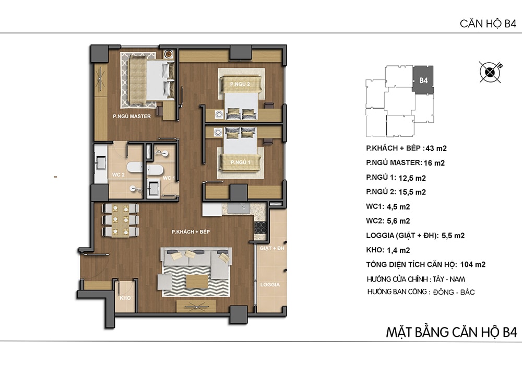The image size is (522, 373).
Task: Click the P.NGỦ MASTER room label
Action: tap(132, 116)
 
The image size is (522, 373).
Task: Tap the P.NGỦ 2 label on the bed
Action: tap(240, 84)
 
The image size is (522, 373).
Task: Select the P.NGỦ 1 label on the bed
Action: tap(240, 162)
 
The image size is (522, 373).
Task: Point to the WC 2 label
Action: tap(118, 175)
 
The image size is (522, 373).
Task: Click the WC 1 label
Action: tap(169, 178)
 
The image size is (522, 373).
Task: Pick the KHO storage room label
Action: tap(125, 298)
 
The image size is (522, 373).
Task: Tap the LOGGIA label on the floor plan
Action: tap(270, 285)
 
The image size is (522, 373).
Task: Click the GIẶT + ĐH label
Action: tap(272, 249)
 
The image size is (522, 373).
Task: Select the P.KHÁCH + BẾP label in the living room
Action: tap(191, 232)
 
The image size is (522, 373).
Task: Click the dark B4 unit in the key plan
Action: tap(423, 79)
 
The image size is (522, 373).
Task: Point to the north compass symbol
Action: tap(490, 72)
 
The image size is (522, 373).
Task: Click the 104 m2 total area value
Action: tap(473, 265)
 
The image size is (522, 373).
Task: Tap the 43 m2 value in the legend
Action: tap(436, 148)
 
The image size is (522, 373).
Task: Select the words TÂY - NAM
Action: tap(449, 279)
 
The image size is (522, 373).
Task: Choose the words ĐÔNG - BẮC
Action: tap(454, 292)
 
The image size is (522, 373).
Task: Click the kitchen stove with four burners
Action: tap(260, 227)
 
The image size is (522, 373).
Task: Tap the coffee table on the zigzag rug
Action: tap(197, 282)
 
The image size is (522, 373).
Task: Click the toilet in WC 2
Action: tap(135, 167)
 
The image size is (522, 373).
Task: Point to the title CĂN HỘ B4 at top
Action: tap(488, 24)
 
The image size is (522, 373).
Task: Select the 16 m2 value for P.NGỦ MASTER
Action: tap(434, 163)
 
